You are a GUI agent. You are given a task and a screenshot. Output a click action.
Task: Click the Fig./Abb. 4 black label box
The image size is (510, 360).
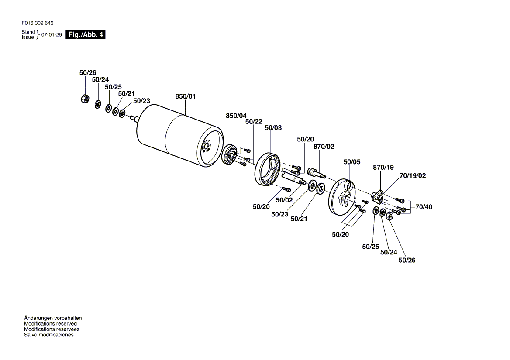[x=85, y=34]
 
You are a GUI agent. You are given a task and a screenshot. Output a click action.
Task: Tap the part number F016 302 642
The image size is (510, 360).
[x=38, y=23]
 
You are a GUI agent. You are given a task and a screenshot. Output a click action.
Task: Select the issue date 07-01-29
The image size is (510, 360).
[x=52, y=35]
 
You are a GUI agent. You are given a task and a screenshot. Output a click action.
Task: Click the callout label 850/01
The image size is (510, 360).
[x=186, y=96]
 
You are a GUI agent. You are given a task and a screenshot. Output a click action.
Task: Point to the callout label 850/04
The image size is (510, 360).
[x=236, y=116]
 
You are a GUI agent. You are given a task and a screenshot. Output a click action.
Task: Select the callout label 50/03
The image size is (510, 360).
[x=273, y=128]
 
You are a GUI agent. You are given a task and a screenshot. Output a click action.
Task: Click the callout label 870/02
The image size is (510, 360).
[x=324, y=147]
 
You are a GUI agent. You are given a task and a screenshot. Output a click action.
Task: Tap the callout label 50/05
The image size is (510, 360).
[x=352, y=162]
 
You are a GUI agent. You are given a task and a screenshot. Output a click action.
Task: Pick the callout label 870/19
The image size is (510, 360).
[x=383, y=167]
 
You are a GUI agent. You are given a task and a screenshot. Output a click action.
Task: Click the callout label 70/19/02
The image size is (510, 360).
[x=413, y=176]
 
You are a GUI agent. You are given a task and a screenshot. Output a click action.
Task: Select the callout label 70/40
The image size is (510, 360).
[x=424, y=207]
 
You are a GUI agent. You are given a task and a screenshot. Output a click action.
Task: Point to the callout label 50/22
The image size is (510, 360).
[x=254, y=121]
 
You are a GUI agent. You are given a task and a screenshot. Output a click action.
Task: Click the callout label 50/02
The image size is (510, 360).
[x=284, y=200]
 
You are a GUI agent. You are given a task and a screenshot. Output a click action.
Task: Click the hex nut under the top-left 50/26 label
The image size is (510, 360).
[x=85, y=99]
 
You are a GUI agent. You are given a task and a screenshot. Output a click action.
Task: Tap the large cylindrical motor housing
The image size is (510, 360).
[x=179, y=135]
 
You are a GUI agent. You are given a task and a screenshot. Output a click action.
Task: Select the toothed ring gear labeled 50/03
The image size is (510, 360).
[x=267, y=169]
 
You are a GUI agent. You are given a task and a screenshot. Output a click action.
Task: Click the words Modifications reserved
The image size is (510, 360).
[x=50, y=324]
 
